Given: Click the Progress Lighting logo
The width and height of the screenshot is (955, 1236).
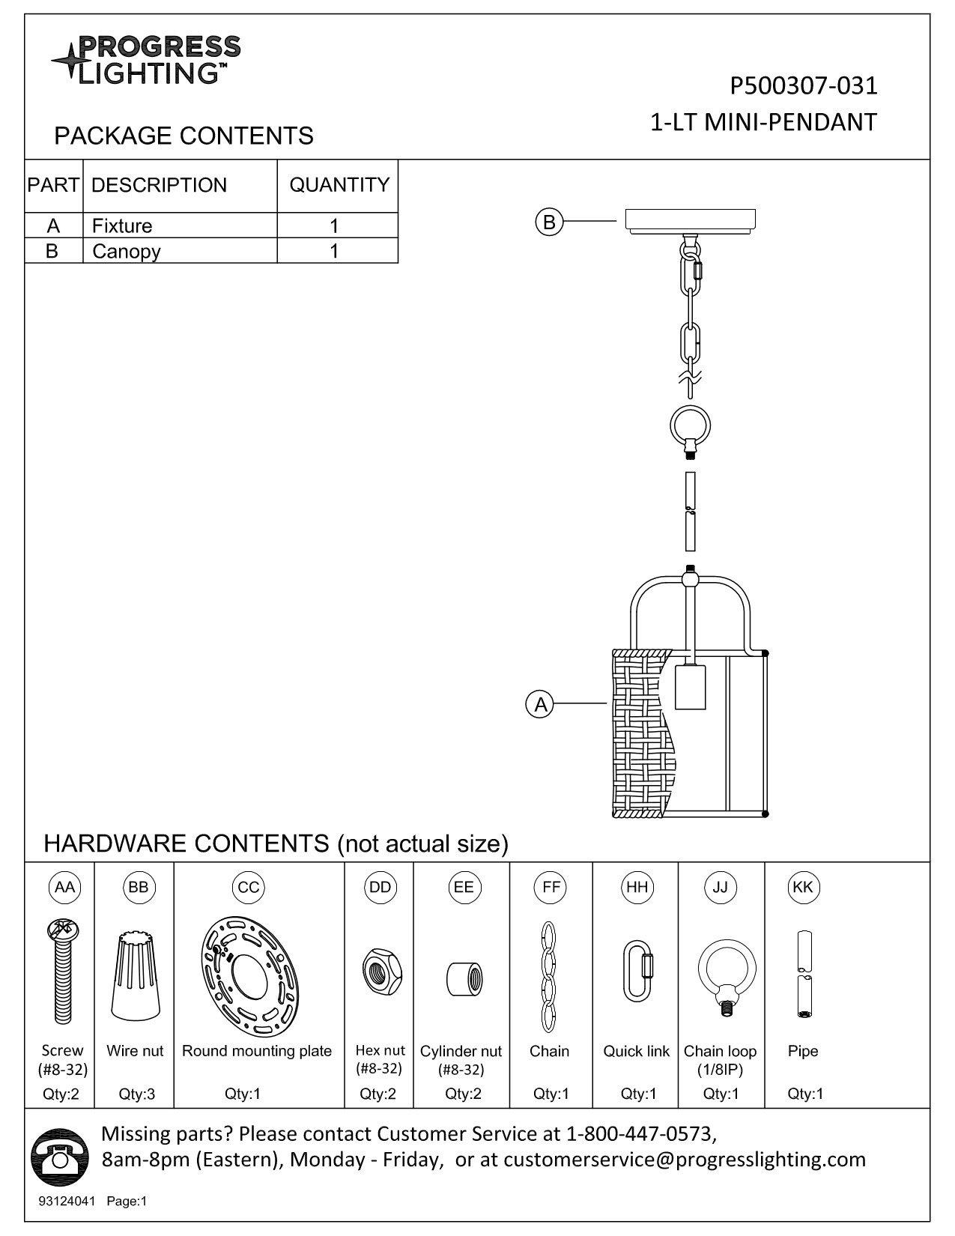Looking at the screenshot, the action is tap(146, 60).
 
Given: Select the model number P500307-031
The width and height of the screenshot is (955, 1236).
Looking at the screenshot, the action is tap(804, 86).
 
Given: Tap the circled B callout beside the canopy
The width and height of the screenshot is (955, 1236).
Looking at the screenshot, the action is tap(549, 222).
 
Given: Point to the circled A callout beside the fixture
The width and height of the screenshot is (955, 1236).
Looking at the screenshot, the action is tap(540, 705).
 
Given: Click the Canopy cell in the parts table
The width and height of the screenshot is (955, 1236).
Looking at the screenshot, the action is tap(127, 251).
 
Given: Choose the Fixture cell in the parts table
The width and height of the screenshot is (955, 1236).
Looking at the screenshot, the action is tap(122, 225).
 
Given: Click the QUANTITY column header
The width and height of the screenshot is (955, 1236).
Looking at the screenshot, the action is tap(339, 185).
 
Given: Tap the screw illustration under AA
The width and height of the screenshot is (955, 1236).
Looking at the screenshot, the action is tap(63, 972).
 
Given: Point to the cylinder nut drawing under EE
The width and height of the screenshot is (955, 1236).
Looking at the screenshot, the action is tap(464, 979).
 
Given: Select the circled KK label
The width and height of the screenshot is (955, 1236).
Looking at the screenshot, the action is tap(803, 888).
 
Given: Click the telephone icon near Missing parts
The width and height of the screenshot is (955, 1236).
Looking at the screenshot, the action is tap(60, 1157).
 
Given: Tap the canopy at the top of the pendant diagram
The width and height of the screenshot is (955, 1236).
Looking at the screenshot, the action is tap(691, 221).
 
